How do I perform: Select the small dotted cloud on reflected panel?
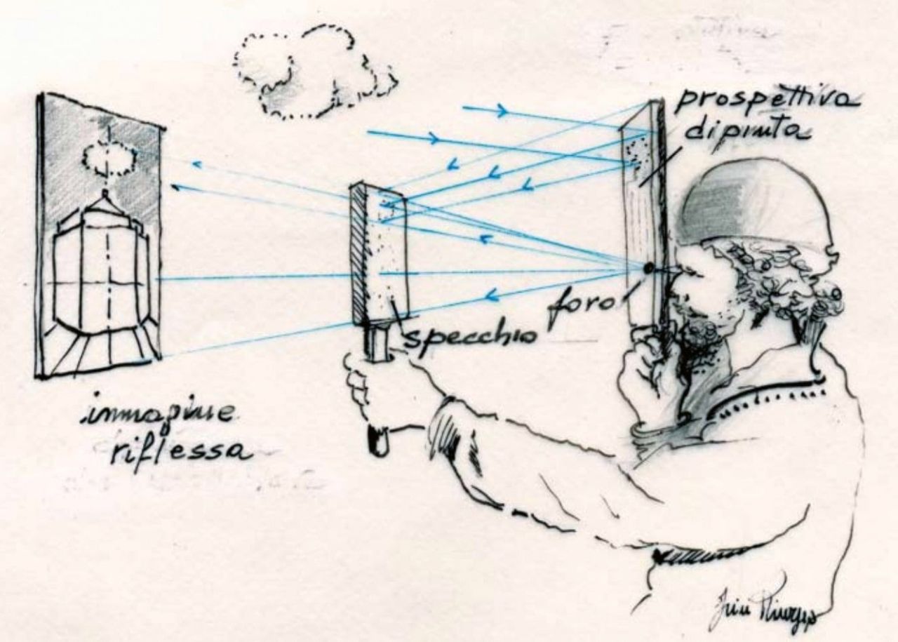pyautogui.click(x=108, y=158)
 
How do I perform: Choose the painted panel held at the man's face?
pyautogui.click(x=641, y=210)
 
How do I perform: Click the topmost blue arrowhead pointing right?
pyautogui.click(x=502, y=110)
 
